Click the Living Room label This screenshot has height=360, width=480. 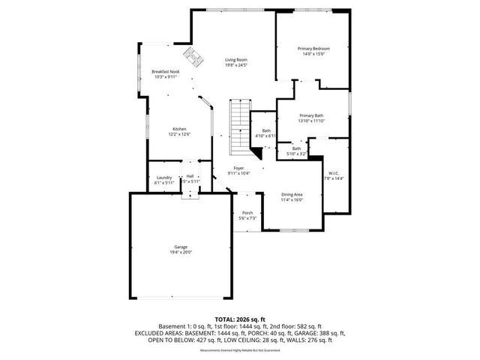point(237,60)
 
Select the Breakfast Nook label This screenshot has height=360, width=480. point(166,71)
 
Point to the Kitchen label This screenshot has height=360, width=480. point(179,128)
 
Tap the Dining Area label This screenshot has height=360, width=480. point(292,194)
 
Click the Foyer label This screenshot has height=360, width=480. point(238,168)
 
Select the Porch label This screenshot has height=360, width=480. point(247,213)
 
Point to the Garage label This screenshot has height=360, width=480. point(181,247)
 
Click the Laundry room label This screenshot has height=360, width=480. point(164,176)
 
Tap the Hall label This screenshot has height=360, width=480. point(190,176)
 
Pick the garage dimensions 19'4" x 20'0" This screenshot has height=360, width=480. point(181,253)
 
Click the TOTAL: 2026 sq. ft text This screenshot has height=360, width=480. point(240,319)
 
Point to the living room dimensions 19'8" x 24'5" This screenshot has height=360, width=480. point(237,65)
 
